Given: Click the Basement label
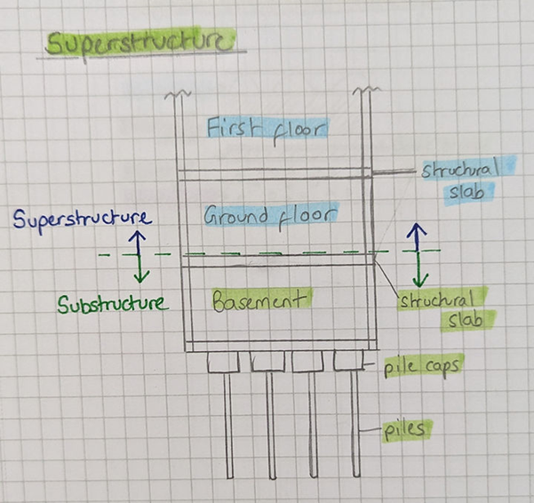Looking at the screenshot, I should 262,300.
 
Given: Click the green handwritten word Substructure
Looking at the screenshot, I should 112,304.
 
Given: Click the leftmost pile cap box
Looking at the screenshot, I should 223,361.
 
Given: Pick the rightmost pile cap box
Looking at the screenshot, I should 348,361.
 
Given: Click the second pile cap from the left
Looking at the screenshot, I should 266,361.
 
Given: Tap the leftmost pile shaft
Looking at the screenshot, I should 227,427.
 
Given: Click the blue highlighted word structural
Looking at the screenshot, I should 460,168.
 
